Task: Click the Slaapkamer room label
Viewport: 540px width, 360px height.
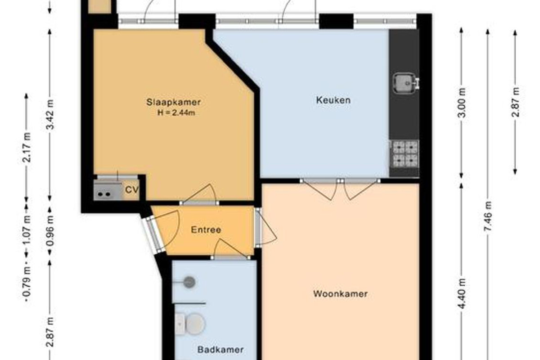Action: [173, 102]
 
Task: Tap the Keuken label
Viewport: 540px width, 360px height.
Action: [333, 100]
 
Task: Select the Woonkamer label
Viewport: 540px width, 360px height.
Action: [340, 294]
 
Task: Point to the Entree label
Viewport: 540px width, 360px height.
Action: [206, 230]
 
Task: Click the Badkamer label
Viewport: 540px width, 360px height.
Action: [220, 350]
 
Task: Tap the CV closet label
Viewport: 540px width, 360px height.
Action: [132, 190]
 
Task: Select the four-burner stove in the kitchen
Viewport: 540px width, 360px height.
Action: [405, 154]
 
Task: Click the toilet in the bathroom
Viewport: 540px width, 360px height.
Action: [190, 324]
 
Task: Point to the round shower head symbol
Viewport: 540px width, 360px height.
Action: [189, 282]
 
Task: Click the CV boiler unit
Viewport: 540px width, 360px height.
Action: [108, 191]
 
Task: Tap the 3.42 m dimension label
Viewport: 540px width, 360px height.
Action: [51, 115]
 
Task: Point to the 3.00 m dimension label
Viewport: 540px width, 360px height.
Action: [462, 103]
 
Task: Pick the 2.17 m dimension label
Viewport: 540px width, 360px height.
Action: [27, 147]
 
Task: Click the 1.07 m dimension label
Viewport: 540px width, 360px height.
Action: [27, 230]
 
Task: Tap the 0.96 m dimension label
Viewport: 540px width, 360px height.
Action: [50, 231]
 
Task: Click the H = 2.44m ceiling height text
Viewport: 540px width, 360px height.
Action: [176, 112]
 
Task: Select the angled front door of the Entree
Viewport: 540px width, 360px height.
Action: [154, 234]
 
